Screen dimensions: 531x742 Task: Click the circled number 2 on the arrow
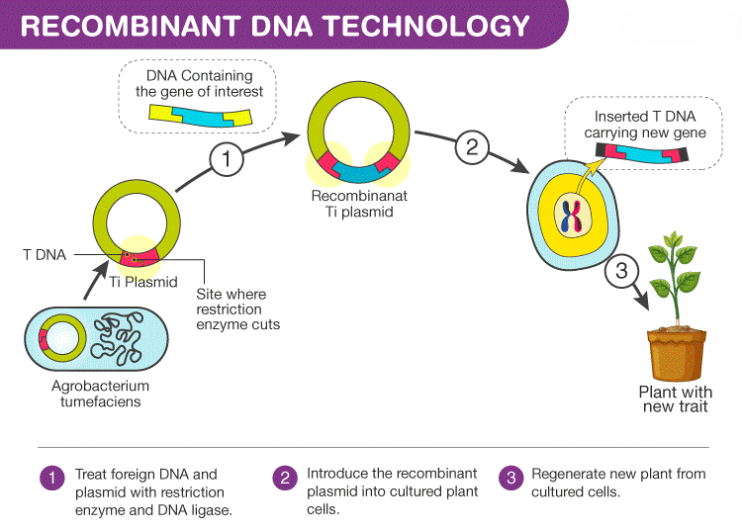click(x=472, y=148)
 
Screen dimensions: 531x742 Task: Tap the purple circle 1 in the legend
click(x=50, y=478)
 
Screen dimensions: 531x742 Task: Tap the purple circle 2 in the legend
click(x=284, y=478)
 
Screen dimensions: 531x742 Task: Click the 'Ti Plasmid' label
click(x=143, y=282)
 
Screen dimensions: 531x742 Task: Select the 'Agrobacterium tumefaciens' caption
click(x=100, y=394)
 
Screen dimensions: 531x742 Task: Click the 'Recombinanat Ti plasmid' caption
click(x=359, y=204)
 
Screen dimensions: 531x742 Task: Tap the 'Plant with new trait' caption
click(x=676, y=399)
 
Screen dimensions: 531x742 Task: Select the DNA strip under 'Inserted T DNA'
click(x=643, y=153)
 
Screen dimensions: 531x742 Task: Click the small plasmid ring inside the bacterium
click(x=59, y=337)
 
